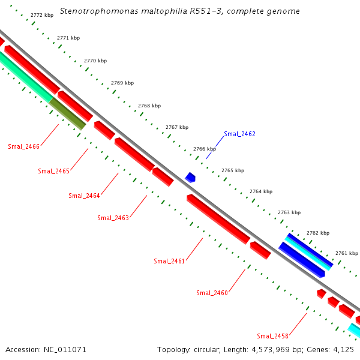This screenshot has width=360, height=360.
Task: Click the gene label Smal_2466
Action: click(24, 146)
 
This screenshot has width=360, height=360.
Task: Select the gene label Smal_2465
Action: click(54, 171)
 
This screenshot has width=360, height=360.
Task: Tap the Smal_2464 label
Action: click(84, 196)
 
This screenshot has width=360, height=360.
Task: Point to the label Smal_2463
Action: click(113, 218)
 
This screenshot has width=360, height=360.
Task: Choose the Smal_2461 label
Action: click(169, 261)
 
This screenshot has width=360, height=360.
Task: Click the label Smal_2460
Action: click(212, 293)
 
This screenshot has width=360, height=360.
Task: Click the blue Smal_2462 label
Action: click(239, 134)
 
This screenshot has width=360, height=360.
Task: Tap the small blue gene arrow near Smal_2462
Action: click(190, 177)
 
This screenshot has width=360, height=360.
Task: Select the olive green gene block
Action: click(67, 113)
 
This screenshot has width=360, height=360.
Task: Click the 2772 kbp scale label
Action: click(41, 15)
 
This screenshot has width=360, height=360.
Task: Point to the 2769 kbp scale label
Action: click(122, 83)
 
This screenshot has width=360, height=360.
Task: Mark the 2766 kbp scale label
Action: click(205, 149)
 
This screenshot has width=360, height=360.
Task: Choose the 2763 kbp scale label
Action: click(289, 212)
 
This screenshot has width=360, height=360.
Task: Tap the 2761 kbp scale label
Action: click(346, 253)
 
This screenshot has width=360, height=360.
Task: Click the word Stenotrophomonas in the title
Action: click(97, 11)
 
